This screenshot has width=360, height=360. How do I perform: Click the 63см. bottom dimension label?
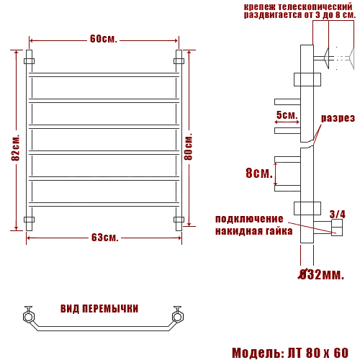point(104,237)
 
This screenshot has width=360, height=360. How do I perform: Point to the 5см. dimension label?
point(287,115)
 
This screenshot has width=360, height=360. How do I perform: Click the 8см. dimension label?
point(258,173)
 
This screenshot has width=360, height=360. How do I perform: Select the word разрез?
point(338,118)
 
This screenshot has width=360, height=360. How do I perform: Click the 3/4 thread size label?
point(337,214)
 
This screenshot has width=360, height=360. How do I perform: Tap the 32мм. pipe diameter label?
point(322,274)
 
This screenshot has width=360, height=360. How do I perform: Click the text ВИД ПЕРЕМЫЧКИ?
point(100,308)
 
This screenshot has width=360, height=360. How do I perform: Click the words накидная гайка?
point(253,231)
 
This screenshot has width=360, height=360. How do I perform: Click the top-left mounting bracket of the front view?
point(30,61)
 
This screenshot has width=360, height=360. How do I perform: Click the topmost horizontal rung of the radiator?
point(104,74)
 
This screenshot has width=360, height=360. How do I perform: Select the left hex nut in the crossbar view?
point(29,315)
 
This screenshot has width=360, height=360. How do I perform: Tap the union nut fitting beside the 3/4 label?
point(336,228)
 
